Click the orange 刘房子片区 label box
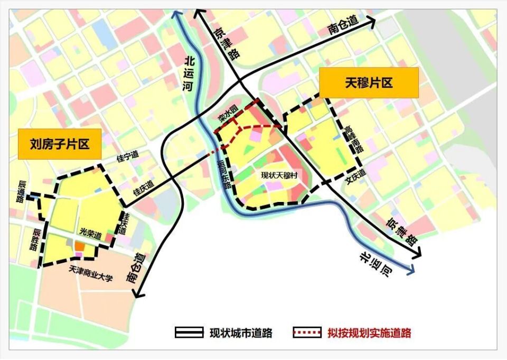click(60, 143)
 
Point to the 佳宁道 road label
click(127, 156)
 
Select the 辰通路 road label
click(22, 191)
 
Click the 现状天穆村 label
click(279, 176)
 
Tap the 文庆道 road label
click(355, 174)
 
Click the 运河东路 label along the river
click(224, 175)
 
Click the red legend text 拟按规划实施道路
click(369, 333)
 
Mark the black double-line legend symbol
click(189, 333)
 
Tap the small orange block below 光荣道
click(79, 245)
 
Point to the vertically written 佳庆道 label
click(126, 222)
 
